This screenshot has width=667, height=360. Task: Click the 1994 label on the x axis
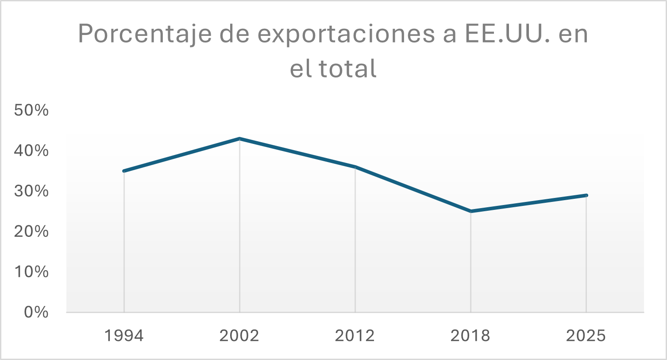pos(124,336)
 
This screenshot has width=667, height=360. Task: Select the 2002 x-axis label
pos(239,336)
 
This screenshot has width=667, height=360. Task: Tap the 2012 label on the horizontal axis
pos(355,336)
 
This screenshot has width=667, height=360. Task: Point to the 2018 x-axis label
pos(470,336)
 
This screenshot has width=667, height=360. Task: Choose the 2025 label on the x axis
pos(586,336)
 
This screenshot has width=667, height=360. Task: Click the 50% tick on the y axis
pos(31,110)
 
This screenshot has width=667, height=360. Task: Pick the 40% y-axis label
pos(31,151)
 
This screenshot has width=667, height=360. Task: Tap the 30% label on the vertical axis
pos(31,191)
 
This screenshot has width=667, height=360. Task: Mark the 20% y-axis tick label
pos(31,231)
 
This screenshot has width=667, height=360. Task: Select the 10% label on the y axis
pos(31,271)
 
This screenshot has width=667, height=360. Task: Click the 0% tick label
pos(36,312)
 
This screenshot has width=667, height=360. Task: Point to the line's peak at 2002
pos(239,139)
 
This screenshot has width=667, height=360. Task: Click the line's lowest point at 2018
pos(470,211)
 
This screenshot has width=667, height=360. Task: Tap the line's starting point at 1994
pos(124,171)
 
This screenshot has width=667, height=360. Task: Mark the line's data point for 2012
pos(355,167)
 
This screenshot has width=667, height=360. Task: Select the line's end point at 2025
pos(586,195)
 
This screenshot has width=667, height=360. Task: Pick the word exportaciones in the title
pos(346,34)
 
